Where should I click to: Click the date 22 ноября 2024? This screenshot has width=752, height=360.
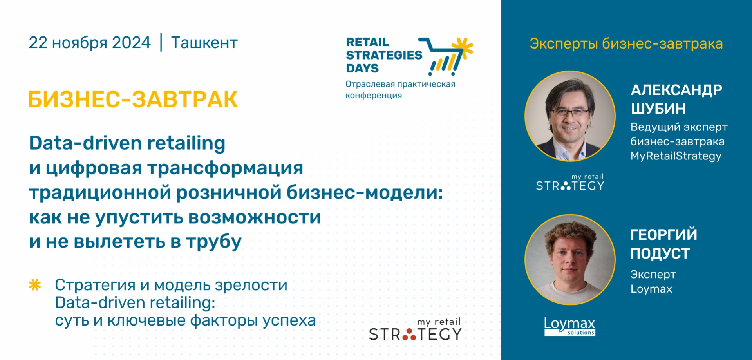tap(90, 43)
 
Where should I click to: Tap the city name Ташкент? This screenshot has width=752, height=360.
tap(204, 43)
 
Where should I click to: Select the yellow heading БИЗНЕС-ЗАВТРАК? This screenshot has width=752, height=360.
tap(133, 99)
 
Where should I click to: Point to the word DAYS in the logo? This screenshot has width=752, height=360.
tap(362, 68)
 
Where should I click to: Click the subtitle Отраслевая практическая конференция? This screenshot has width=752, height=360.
tap(400, 90)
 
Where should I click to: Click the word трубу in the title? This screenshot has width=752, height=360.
tap(214, 242)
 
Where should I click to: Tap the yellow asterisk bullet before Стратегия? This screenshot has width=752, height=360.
tap(35, 285)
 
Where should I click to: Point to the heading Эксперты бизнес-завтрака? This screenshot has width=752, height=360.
tap(626, 43)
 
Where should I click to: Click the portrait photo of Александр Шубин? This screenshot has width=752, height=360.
tap(570, 116)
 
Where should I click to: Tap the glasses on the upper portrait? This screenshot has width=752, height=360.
tap(570, 113)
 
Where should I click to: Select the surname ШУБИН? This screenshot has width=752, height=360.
tap(658, 109)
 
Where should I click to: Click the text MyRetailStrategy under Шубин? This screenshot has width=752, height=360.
tap(676, 156)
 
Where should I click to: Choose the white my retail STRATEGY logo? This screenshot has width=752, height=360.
tap(570, 182)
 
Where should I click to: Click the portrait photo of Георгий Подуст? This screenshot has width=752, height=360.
tap(570, 260)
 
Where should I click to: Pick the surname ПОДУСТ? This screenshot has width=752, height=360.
tap(660, 253)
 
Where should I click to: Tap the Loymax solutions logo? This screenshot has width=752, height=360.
tap(569, 326)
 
